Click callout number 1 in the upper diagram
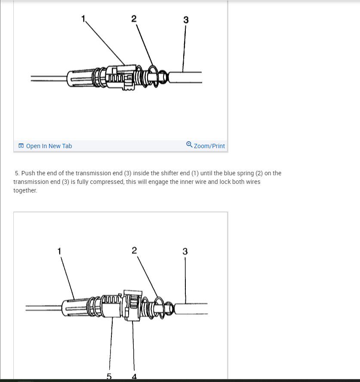[x=83, y=18]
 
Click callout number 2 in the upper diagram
[x=134, y=19]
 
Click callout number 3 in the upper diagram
[x=185, y=20]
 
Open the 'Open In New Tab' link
[x=49, y=146]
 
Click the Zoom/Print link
[x=209, y=146]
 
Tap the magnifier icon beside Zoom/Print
[x=189, y=145]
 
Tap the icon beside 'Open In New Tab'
[x=21, y=146]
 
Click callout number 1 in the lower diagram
[x=59, y=250]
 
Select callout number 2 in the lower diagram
[x=134, y=250]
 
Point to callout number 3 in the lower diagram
[x=185, y=252]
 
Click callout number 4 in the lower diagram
[x=134, y=377]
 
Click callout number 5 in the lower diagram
[x=109, y=377]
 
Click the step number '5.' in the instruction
[x=17, y=173]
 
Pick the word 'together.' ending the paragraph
[x=25, y=190]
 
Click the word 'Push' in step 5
[x=28, y=173]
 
